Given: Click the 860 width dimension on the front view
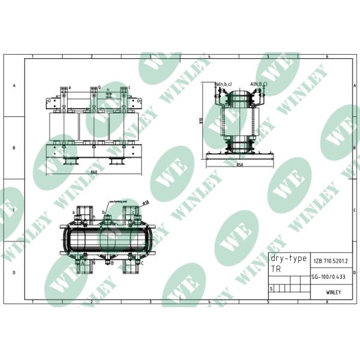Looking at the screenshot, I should (x=94, y=172).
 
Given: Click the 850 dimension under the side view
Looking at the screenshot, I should (x=239, y=164).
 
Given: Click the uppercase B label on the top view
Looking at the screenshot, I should (x=112, y=263).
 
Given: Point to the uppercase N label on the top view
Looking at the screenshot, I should (x=94, y=263).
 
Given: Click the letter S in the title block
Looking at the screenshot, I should (x=272, y=289).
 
